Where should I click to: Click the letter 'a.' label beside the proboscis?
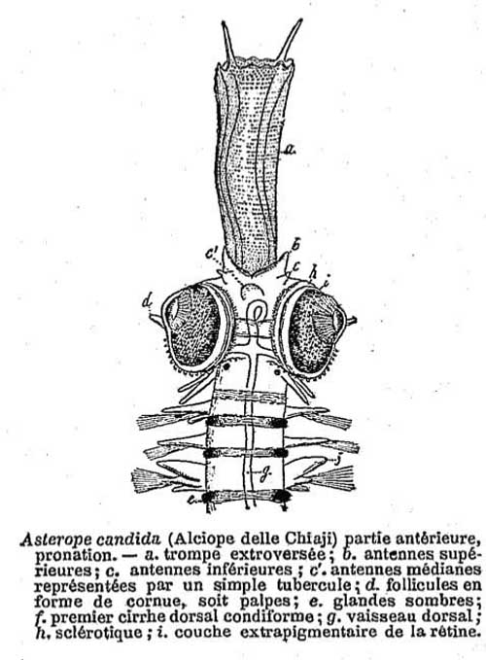coord(289,149)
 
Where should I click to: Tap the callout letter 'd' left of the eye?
coord(147,301)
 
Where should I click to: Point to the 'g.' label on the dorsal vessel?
coord(263,474)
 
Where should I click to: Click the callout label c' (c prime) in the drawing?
coord(212,254)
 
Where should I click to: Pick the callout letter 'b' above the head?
coord(295,244)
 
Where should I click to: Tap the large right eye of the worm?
coord(315,330)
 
